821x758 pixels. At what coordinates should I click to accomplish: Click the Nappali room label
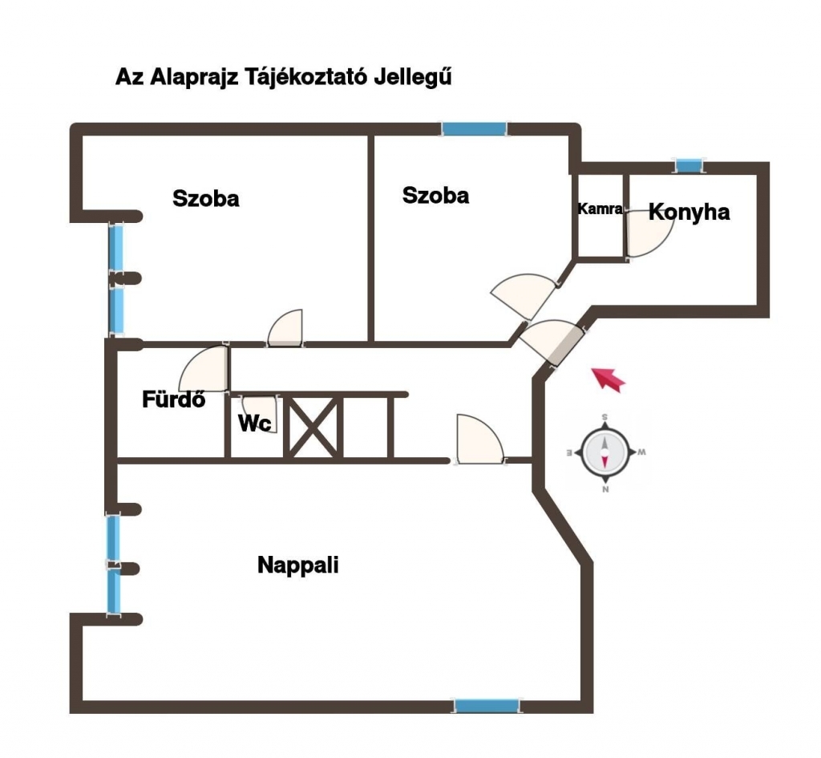click(298, 565)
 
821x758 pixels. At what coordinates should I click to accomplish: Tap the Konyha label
click(689, 212)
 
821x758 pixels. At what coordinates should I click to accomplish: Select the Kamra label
click(600, 209)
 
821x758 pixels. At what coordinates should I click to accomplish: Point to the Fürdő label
click(174, 399)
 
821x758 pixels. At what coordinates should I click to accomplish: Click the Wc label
click(255, 424)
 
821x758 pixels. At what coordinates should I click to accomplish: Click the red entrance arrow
click(609, 379)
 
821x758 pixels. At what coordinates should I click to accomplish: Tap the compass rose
click(605, 452)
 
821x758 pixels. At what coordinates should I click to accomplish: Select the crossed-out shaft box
click(313, 427)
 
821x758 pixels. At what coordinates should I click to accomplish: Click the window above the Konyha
click(689, 165)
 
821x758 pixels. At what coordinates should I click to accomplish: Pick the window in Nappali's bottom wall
click(487, 706)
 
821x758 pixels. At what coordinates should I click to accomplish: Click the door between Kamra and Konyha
click(649, 233)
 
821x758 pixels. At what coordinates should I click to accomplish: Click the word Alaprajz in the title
click(194, 77)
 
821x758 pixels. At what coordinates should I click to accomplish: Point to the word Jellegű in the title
click(413, 77)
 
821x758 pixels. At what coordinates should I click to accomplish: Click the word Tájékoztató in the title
click(306, 76)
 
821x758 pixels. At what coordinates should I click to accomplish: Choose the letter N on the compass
click(605, 490)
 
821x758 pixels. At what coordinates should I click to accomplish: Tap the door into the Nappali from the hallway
click(480, 440)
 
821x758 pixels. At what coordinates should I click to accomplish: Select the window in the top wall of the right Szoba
click(475, 129)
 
